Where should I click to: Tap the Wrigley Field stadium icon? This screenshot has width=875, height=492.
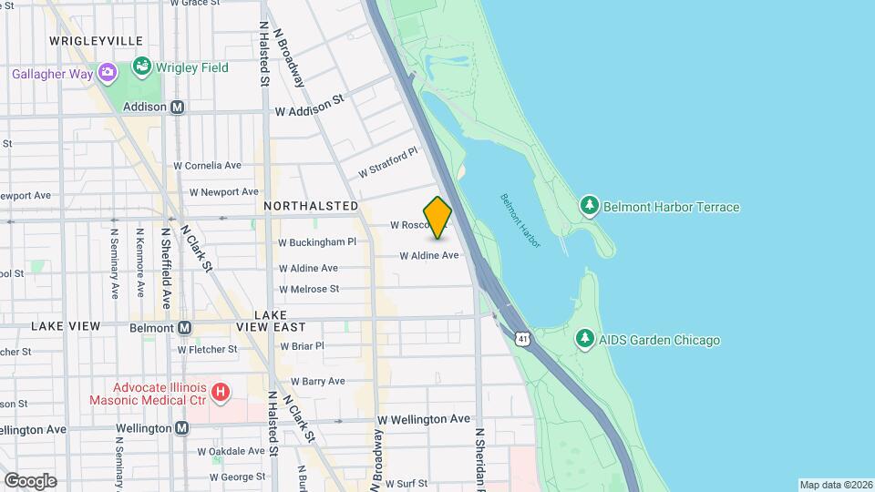point(141,67)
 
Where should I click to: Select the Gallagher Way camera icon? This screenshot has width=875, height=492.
point(108,73)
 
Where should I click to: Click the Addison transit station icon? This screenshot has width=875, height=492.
point(178,107)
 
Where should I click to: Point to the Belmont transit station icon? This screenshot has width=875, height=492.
point(184,328)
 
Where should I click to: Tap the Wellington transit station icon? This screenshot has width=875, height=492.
point(182,428)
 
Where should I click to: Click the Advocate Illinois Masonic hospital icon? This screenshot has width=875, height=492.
point(219,393)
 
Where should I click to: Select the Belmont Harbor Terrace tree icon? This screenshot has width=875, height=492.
point(590,207)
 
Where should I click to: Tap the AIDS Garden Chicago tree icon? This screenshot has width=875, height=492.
point(585,340)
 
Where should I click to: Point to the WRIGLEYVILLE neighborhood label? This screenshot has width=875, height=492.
point(96,41)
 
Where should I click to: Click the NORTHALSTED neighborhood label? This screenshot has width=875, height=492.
point(310,207)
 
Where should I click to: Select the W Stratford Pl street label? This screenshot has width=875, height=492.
point(386,162)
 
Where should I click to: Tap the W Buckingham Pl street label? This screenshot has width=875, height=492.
point(316,242)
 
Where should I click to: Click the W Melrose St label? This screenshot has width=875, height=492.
point(309,289)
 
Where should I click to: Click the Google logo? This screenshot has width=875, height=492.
point(30,481)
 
